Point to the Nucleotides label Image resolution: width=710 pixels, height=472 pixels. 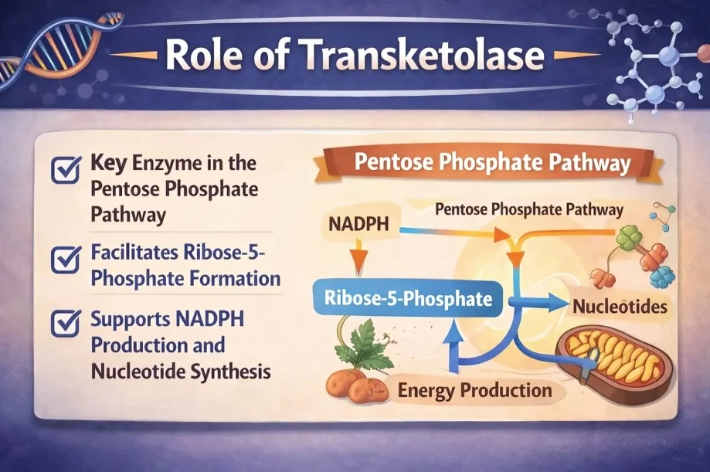click(620, 307)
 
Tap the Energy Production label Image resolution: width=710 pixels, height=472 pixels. click(474, 390)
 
